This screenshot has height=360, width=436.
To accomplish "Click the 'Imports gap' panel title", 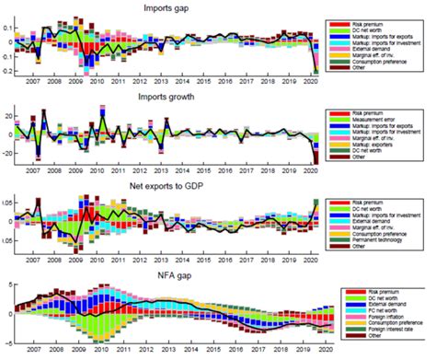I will tap(166, 8).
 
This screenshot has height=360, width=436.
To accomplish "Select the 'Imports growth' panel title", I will tap(166, 97).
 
